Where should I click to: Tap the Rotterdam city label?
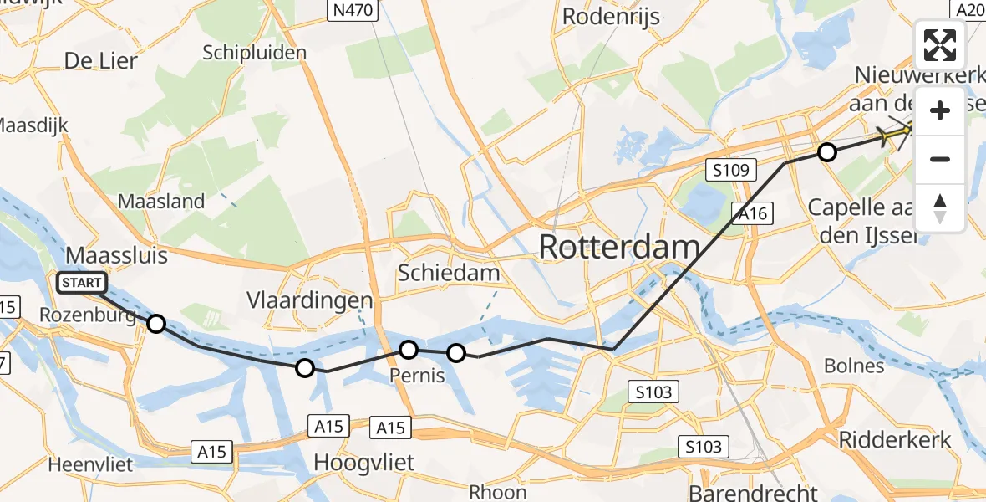pos(619,248)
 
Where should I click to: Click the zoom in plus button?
pos(940,111)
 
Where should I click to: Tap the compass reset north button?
pos(940,208)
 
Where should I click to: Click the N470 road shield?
pos(352,10)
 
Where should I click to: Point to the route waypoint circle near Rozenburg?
pos(156,324)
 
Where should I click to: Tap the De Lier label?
pos(100,61)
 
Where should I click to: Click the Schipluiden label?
pos(254,52)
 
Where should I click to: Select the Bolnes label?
pos(853,366)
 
